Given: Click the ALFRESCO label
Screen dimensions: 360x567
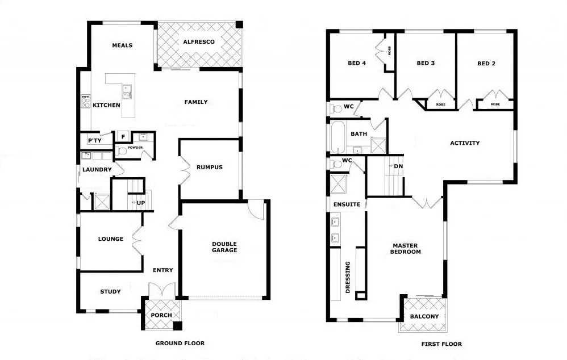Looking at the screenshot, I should pyautogui.click(x=199, y=42).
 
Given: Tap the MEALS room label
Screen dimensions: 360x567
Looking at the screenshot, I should pyautogui.click(x=122, y=45).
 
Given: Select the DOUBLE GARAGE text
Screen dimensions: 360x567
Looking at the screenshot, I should pyautogui.click(x=224, y=246).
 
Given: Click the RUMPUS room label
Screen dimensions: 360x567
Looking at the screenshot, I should pyautogui.click(x=209, y=168).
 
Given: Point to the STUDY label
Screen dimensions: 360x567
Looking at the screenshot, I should pyautogui.click(x=110, y=292).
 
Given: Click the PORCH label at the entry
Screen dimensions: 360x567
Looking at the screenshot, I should pyautogui.click(x=161, y=316).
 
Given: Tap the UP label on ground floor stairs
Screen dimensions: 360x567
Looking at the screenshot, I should pyautogui.click(x=141, y=203).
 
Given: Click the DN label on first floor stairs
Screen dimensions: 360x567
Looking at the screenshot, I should pyautogui.click(x=398, y=166).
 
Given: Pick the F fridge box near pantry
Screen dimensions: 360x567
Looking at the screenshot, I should pyautogui.click(x=122, y=137).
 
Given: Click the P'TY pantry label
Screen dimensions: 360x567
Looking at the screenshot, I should pyautogui.click(x=94, y=140).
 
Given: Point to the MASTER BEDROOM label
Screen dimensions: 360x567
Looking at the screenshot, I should pyautogui.click(x=406, y=249).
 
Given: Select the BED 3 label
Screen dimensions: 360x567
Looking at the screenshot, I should pyautogui.click(x=426, y=64).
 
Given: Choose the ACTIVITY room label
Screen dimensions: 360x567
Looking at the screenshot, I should pyautogui.click(x=465, y=143).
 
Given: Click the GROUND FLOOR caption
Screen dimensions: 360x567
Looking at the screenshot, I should pyautogui.click(x=180, y=344).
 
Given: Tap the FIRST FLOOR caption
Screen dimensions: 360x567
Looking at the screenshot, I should pyautogui.click(x=441, y=344).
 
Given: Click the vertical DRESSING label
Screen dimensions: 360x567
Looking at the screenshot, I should pyautogui.click(x=348, y=277).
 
